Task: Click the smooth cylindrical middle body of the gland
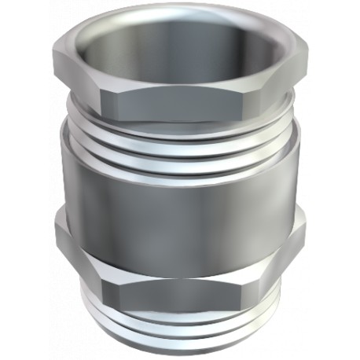pyautogui.click(x=179, y=197)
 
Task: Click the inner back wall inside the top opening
pyautogui.click(x=179, y=31)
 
